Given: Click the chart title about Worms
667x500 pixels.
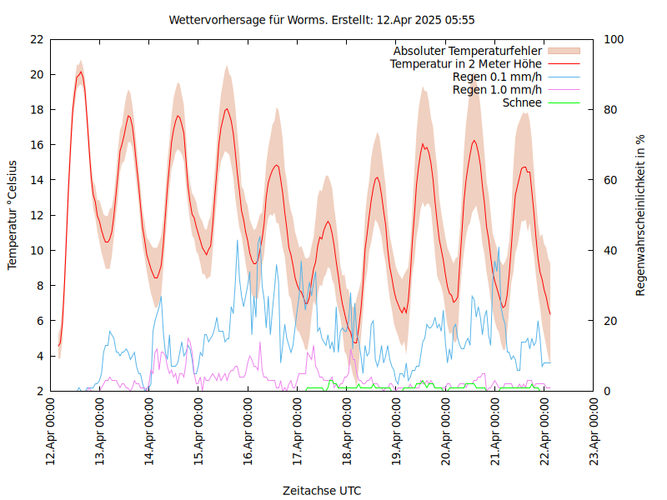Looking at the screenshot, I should pos(322,19).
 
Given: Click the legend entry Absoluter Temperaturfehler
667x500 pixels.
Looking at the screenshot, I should pos(468,51).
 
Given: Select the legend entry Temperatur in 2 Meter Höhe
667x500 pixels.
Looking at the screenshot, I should pos(466,63).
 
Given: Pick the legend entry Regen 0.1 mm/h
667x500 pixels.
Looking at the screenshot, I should pos(497,77).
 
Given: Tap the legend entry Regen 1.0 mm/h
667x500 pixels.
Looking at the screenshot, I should pos(497,89).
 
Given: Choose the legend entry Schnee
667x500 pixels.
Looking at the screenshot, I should pos(522,102).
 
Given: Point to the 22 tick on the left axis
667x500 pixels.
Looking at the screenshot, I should pos(37,39).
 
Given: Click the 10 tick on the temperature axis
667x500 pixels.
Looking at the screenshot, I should pos(37,250).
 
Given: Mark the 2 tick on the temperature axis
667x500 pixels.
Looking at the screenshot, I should pos(40,391).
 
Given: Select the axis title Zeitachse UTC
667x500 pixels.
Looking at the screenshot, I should pos(322,490).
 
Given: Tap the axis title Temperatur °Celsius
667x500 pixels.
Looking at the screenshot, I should pos(13,215).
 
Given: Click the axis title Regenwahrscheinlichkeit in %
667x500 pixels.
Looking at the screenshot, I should pos(641,215).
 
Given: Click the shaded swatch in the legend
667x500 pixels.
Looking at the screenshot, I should pos(563,51).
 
